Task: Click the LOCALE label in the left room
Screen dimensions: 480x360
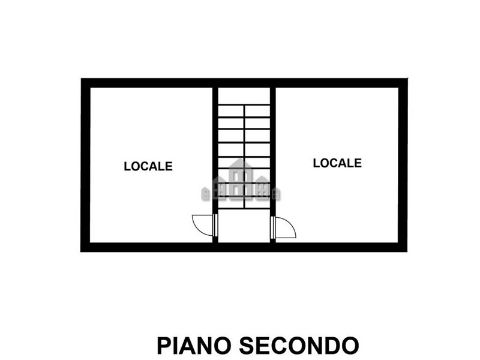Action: (148, 166)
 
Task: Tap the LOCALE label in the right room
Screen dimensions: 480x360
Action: (337, 163)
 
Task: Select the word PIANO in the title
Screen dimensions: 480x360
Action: (194, 346)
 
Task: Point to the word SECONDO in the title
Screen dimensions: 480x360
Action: (299, 346)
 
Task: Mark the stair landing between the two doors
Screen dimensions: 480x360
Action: (244, 226)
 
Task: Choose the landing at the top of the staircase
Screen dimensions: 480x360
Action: (244, 96)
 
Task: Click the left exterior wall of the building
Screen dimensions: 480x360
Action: (85, 165)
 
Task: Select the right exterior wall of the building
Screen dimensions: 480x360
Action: (403, 165)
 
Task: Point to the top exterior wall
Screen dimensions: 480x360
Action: (244, 83)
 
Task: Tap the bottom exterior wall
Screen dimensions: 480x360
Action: (244, 247)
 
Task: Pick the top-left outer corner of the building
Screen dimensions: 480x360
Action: (81, 79)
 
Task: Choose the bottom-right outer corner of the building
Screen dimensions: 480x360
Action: (407, 252)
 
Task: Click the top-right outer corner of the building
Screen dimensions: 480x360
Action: (407, 79)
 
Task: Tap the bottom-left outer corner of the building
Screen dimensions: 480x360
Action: (81, 252)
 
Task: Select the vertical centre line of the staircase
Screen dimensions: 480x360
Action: (244, 157)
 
